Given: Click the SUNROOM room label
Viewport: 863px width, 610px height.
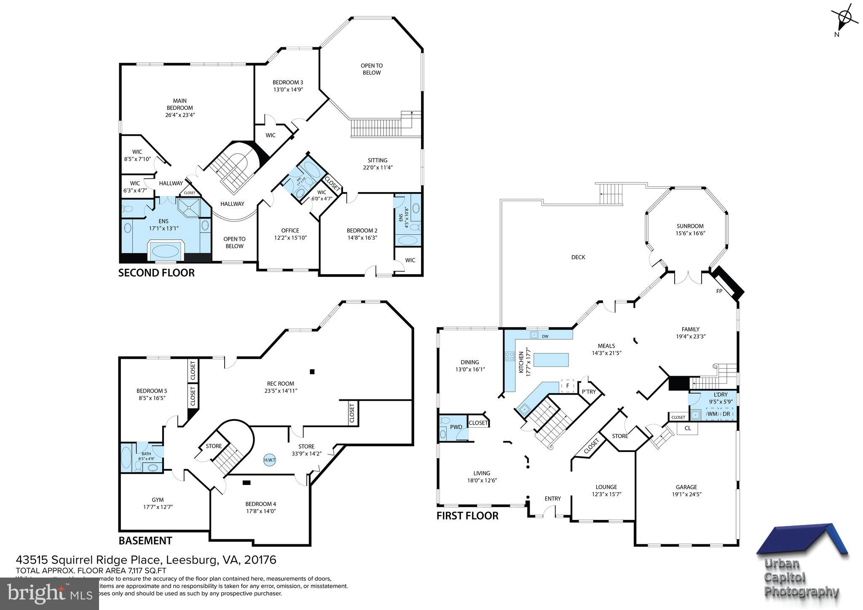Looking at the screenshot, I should tap(690, 226).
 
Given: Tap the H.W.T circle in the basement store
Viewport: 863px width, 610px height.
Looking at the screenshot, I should tap(270, 460).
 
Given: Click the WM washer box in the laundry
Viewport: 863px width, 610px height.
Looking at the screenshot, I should tap(712, 414).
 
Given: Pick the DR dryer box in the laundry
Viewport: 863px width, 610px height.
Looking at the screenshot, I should tap(726, 414).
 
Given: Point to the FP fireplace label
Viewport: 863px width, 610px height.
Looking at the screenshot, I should tap(719, 291).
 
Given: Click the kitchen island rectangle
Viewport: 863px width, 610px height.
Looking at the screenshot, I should tap(551, 360).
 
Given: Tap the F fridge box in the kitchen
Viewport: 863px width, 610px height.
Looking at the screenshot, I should tap(568, 385).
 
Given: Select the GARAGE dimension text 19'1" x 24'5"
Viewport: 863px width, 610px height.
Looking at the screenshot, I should tap(686, 494).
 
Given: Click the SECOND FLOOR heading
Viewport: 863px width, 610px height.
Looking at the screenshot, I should tap(156, 273).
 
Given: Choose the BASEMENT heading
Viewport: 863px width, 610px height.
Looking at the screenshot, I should tap(145, 540).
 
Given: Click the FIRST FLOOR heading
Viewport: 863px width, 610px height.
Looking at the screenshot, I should tap(467, 516).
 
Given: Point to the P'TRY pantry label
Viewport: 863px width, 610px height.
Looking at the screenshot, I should tap(589, 392).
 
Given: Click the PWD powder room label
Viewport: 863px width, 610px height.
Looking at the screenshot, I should tap(456, 427).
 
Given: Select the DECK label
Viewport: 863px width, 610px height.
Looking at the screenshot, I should tap(578, 257).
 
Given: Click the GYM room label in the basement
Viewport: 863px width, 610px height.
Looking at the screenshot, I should tap(158, 500).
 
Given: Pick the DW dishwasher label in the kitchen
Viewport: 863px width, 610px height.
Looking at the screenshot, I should tap(545, 336).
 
